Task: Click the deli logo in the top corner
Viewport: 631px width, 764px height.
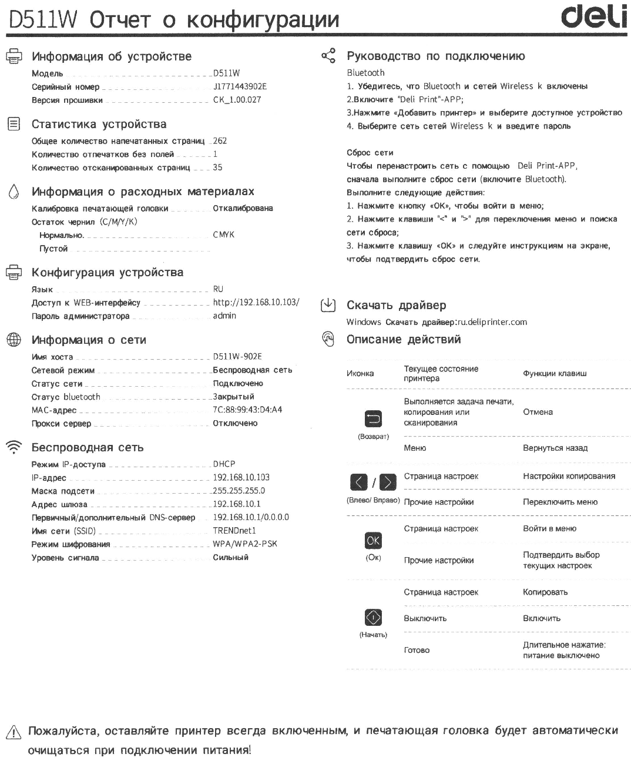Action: pos(593,18)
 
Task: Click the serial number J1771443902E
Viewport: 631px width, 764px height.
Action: pos(240,86)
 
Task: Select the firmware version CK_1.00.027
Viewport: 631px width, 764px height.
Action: pos(237,100)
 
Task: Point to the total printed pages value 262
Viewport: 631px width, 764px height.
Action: pos(220,141)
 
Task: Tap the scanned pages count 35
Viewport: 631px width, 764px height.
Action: pos(217,167)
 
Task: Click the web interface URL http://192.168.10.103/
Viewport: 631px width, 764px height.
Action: pos(256,303)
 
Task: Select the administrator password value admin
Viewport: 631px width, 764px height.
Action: pos(224,316)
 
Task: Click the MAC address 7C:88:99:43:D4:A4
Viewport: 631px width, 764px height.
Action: pos(247,410)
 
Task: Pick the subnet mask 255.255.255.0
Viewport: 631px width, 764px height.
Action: pos(239,491)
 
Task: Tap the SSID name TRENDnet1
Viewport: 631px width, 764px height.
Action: pos(234,531)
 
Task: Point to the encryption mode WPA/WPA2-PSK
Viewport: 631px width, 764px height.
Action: pos(244,544)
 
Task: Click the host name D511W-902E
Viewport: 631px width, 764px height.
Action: pos(237,357)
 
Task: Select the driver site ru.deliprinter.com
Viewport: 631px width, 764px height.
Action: pos(492,322)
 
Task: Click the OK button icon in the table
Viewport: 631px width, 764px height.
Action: pos(373,541)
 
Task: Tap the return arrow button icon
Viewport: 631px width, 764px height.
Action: pos(374,418)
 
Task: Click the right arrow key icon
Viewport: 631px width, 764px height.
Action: pos(388,483)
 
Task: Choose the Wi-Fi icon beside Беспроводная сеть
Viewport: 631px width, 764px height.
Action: pos(13,447)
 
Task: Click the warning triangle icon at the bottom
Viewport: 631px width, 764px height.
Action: pos(13,732)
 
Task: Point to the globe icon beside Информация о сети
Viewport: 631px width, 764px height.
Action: pos(13,340)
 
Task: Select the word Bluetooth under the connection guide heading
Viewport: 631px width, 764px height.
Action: pos(365,73)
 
